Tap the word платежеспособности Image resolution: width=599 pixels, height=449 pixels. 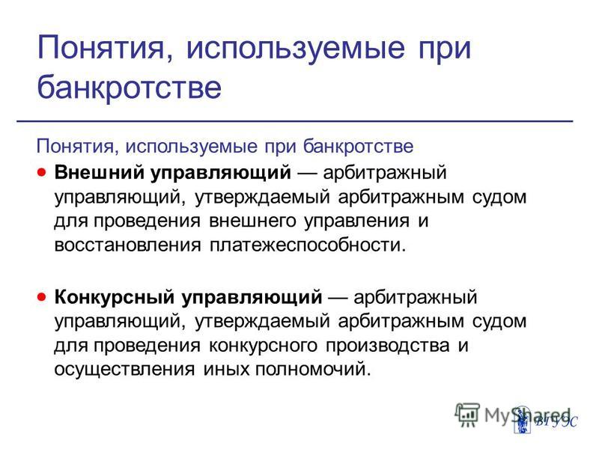[x=307, y=245]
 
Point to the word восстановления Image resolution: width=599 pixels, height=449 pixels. [x=127, y=245]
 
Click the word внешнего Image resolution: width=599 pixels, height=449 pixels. [x=252, y=221]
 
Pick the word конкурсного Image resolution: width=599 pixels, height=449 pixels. [x=264, y=346]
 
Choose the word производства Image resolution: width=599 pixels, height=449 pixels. [x=387, y=346]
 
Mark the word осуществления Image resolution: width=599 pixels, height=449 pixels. [x=124, y=370]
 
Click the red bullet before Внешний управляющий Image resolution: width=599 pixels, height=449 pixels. [x=42, y=172]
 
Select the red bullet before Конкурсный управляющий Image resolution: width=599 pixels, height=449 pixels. [x=42, y=296]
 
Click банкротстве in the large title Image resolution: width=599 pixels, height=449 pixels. [x=129, y=88]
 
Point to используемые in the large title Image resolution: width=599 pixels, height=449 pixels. [x=295, y=49]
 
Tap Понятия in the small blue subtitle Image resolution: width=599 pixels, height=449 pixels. [x=76, y=146]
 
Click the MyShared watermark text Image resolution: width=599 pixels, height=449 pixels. [x=527, y=415]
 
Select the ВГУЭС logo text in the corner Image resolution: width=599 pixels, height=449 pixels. [x=556, y=422]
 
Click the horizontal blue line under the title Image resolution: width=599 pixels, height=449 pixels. [x=295, y=121]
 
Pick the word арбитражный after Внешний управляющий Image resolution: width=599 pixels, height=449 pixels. [x=385, y=172]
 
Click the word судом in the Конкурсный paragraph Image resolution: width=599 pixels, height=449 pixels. [x=499, y=322]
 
